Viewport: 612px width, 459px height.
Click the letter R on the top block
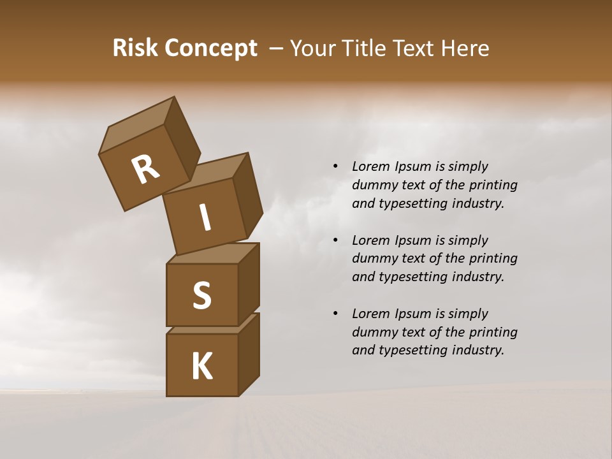pos(145,170)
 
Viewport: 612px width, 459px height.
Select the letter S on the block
pos(201,296)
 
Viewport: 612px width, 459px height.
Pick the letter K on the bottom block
pos(201,367)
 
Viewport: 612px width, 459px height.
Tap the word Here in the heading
pos(464,48)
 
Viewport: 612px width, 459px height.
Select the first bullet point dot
pos(335,167)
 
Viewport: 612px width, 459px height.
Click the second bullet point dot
pos(335,240)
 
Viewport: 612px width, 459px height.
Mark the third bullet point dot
pos(335,314)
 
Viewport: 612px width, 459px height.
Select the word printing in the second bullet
pos(493,258)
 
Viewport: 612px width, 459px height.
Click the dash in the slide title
pos(277,48)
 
